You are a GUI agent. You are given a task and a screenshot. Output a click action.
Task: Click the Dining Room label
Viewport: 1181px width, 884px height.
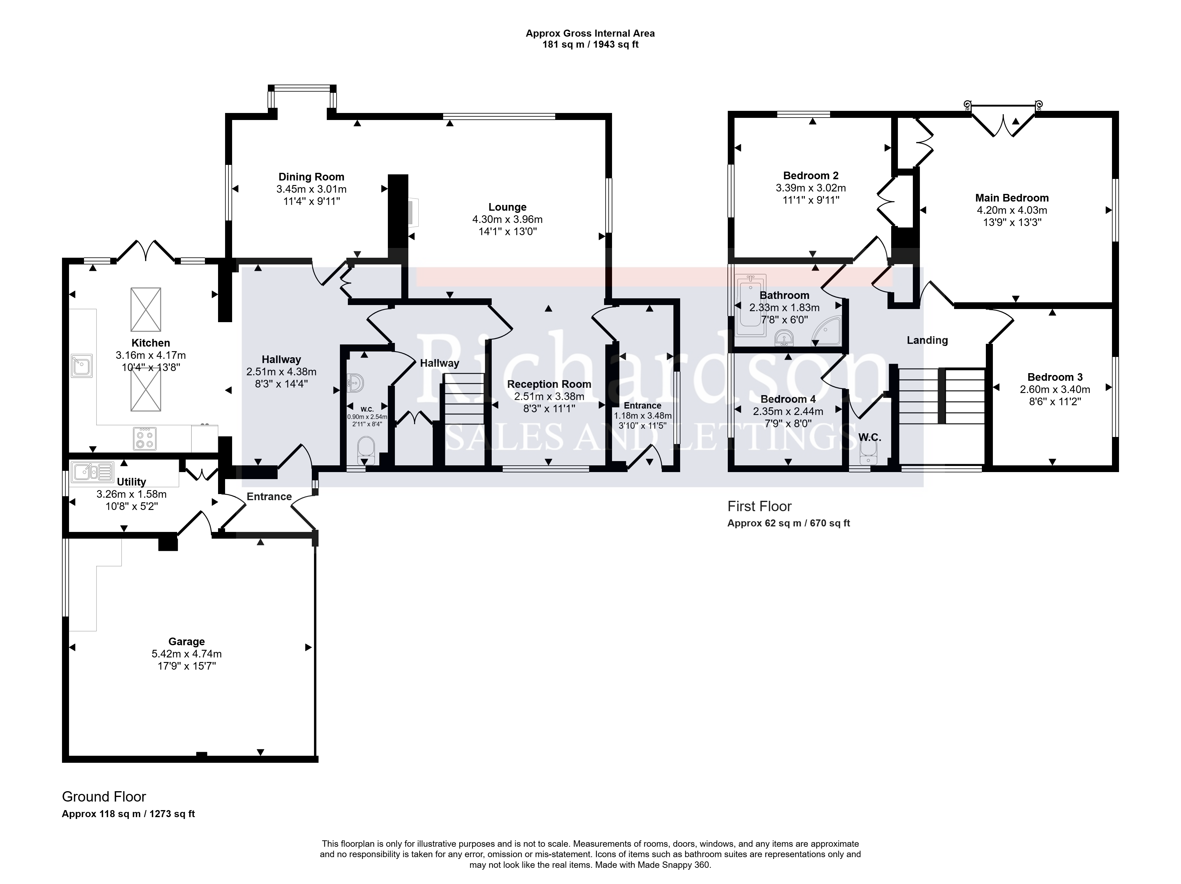[x=311, y=177]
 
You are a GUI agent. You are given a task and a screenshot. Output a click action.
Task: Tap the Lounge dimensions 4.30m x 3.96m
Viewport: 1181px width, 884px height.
[x=507, y=220]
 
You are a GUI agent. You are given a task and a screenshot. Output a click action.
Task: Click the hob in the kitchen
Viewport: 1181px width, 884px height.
[x=145, y=438]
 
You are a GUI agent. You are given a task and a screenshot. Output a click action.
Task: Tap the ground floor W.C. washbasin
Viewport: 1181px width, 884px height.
[x=355, y=383]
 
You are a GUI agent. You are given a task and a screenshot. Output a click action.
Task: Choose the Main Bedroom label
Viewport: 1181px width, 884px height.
[x=1012, y=198]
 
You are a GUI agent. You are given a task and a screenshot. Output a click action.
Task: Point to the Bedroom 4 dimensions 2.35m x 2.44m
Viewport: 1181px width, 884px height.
[x=788, y=412]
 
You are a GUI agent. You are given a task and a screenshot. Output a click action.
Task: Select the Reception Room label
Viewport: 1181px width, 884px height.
[x=549, y=384]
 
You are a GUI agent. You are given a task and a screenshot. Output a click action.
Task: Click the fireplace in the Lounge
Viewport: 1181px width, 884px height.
[x=414, y=213]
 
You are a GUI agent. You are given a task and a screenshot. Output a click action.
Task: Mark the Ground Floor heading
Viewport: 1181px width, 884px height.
[x=104, y=797]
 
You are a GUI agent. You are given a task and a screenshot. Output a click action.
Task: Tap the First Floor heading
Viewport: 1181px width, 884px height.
[x=759, y=506]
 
